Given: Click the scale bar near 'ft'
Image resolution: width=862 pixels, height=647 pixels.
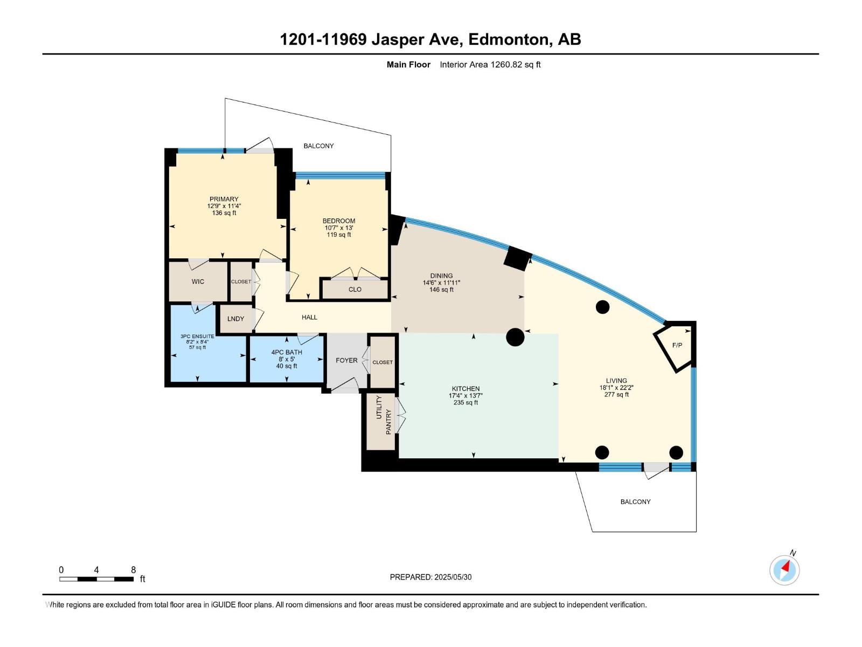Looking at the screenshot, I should [x=97, y=579].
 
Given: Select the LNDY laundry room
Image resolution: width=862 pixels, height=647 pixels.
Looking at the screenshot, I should [x=235, y=319].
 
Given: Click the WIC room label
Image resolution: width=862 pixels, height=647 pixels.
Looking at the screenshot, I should [x=198, y=281].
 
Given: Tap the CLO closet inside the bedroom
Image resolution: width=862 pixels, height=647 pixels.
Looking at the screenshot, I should [x=354, y=290].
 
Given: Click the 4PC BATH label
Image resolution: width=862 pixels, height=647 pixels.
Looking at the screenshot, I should [x=287, y=352].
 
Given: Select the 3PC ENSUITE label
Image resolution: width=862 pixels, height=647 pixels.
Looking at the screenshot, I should [x=197, y=336].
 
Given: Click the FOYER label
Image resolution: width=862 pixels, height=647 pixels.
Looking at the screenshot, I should [x=346, y=360].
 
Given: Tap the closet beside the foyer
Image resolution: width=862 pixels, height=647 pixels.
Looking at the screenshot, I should [x=383, y=362].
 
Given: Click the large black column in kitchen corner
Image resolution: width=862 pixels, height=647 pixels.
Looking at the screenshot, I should [x=515, y=337].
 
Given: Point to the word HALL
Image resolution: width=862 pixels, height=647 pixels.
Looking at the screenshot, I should [x=309, y=317].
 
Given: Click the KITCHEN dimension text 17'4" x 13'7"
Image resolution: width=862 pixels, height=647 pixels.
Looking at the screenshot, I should [x=465, y=396].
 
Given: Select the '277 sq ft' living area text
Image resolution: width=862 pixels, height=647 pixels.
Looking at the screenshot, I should [x=616, y=395].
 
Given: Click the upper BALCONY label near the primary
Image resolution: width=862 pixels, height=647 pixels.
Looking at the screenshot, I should [x=318, y=146].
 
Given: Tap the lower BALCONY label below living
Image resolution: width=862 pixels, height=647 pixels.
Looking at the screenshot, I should [x=635, y=501].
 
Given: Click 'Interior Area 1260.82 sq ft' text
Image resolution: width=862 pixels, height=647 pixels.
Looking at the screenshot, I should [x=490, y=65].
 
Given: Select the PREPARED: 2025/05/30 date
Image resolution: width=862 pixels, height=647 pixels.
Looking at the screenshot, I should [x=430, y=577].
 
